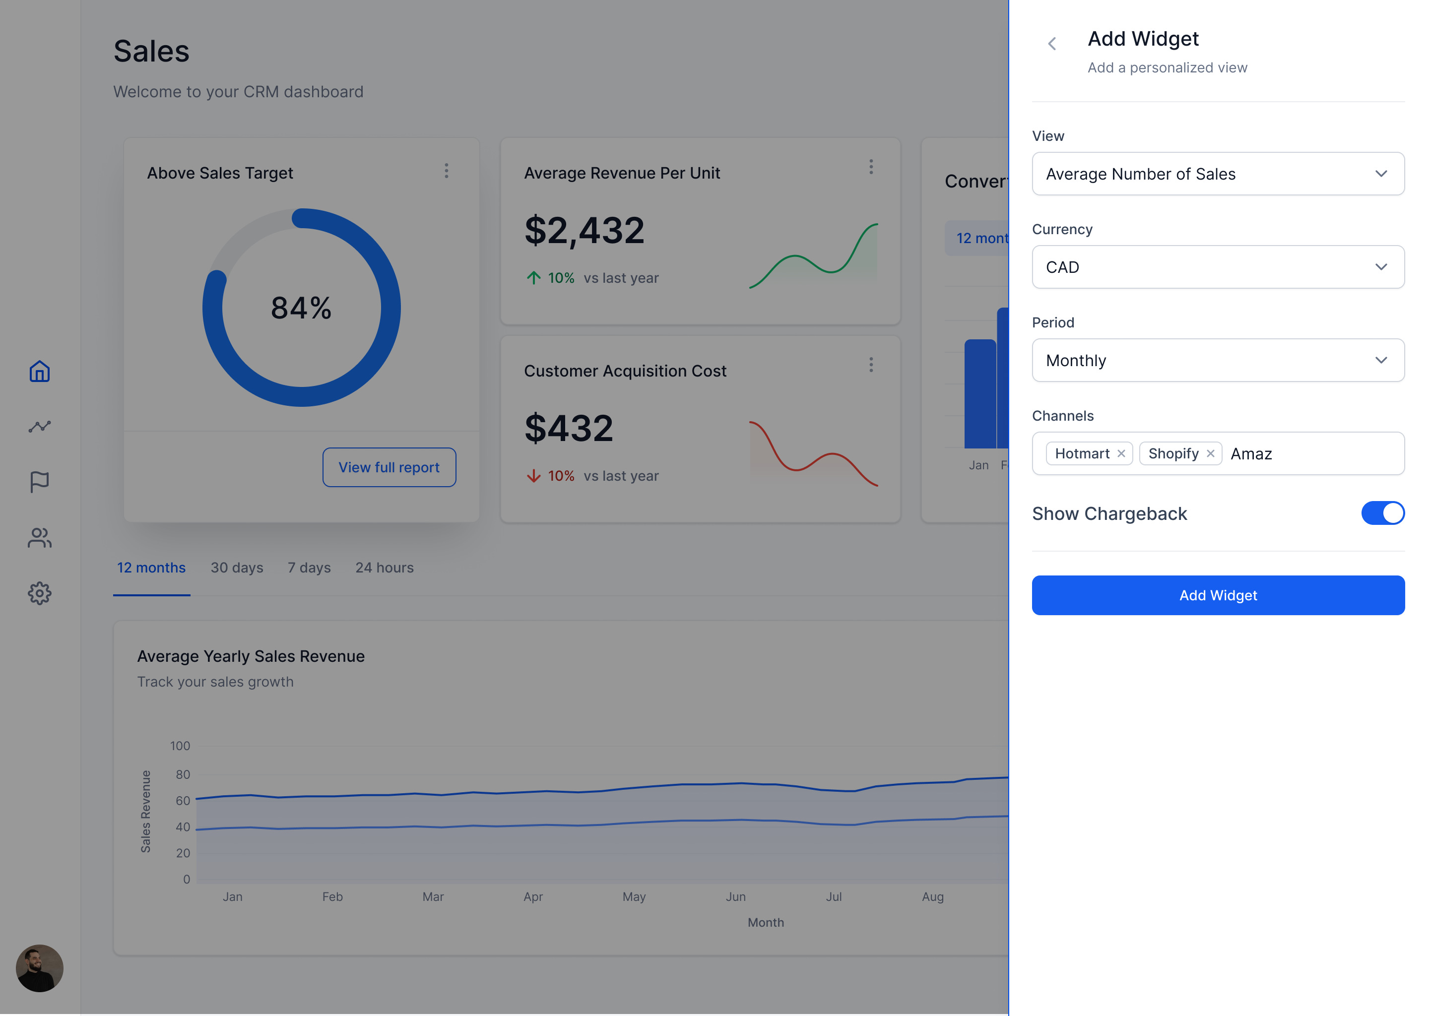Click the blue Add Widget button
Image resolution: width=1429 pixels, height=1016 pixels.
point(1218,595)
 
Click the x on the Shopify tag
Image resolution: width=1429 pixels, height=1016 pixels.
point(1210,453)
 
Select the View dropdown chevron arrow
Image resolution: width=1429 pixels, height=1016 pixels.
point(1380,174)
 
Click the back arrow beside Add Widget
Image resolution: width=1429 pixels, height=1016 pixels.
point(1052,44)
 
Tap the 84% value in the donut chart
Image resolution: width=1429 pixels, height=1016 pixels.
point(301,308)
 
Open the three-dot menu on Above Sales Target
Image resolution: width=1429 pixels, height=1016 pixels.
point(446,171)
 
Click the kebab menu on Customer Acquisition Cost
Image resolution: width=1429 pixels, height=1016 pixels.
point(870,365)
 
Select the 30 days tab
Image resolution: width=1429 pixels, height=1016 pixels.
point(237,568)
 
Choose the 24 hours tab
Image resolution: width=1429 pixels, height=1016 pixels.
point(384,568)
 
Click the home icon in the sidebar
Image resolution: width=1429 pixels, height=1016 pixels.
point(39,372)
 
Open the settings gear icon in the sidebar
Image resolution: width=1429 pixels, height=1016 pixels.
point(39,593)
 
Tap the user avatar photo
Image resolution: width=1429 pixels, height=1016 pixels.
point(39,968)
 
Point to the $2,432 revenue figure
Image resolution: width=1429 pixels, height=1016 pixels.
point(584,230)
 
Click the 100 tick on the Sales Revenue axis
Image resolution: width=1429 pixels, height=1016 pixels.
point(180,746)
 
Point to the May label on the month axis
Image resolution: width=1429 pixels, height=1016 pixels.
point(633,896)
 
